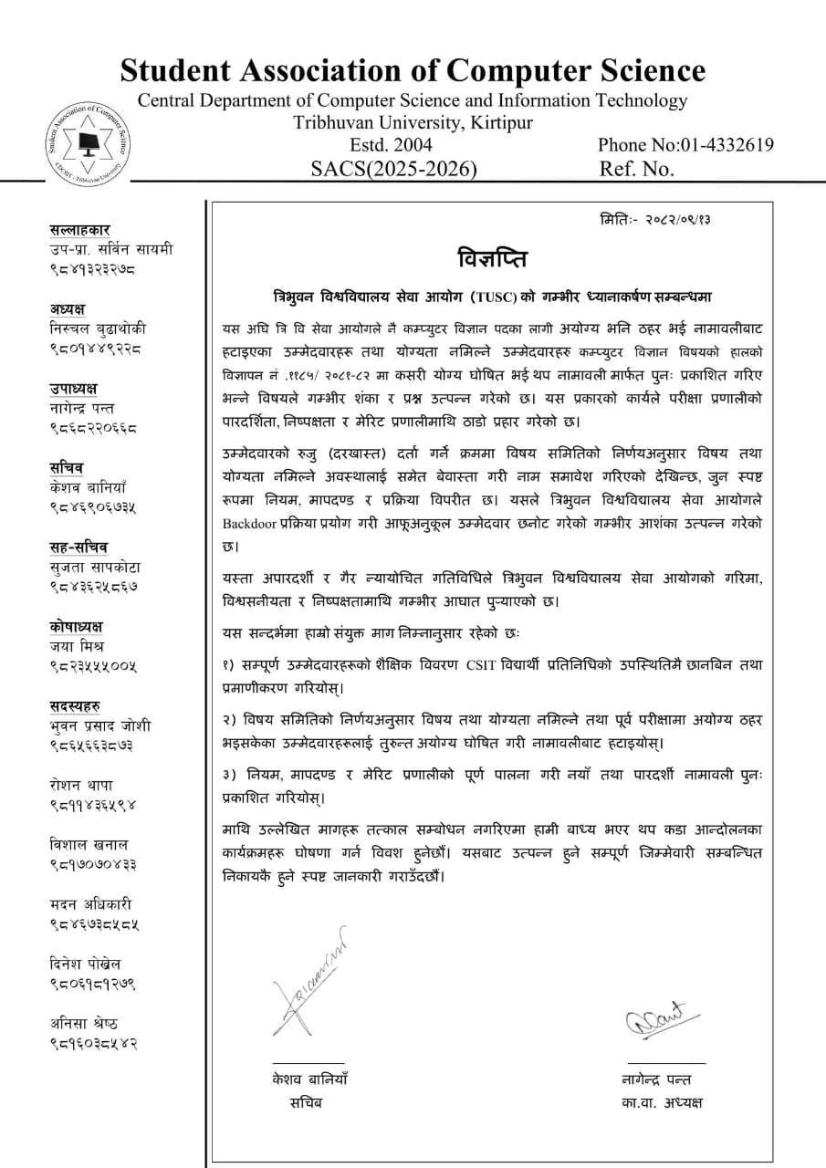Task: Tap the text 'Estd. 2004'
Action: coord(391,145)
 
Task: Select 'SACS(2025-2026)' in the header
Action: coord(393,169)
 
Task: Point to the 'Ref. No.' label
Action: coord(636,169)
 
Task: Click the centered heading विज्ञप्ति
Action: coord(493,255)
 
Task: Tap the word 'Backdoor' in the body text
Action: coord(250,524)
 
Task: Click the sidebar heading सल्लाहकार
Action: coord(80,230)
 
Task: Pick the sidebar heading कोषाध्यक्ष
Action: coord(77,626)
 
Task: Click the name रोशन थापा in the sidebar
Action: coord(82,785)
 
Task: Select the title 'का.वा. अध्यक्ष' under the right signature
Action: coord(661,1102)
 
